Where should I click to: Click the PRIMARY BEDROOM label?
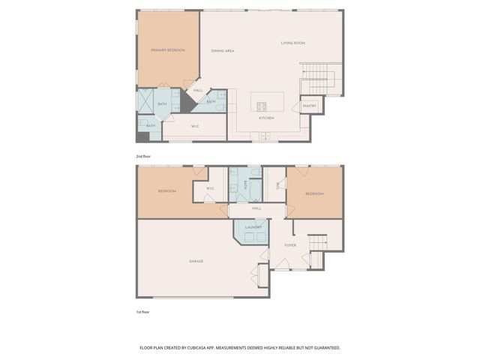point(167,50)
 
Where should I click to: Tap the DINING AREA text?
point(223,51)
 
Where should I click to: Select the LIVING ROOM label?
point(292,43)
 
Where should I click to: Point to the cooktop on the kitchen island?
point(262,106)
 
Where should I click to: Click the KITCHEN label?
point(266,118)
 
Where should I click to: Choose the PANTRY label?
point(309,106)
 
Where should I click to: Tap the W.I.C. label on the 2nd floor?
point(195,126)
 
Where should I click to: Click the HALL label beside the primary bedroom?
point(198,91)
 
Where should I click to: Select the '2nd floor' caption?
point(143,156)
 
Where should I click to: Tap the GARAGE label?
point(196,261)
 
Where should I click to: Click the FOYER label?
point(290,245)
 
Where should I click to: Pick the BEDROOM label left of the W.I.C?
point(166,191)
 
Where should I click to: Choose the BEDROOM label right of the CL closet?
point(313,194)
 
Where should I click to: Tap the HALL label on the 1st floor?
point(256,208)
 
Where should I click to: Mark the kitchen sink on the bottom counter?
point(265,136)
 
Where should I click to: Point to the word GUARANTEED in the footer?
point(322,348)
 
